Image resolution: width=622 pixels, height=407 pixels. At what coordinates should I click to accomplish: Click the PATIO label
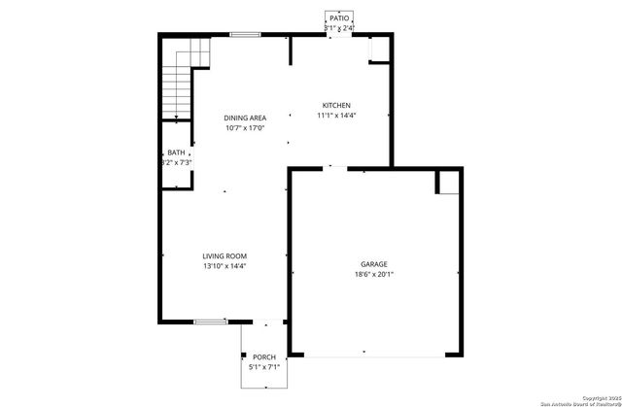coord(338,17)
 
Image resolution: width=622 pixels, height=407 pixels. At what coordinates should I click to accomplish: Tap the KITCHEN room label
coord(337,105)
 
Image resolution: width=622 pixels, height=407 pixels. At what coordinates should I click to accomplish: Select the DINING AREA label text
coord(245,118)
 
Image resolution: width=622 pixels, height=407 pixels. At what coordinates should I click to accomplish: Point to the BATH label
coord(176,153)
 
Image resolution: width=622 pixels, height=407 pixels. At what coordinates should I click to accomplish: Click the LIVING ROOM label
coord(225,256)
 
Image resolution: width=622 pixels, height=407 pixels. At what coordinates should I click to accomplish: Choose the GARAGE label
coord(373,263)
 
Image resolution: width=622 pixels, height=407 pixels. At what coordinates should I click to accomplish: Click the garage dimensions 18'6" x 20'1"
coord(373,274)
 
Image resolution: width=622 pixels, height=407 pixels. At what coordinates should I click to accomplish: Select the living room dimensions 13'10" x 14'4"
coord(225,267)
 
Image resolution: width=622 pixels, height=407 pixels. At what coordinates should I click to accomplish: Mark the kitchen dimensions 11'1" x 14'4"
coord(337,116)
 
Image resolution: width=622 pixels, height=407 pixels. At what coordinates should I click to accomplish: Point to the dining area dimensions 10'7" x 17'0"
coord(245,127)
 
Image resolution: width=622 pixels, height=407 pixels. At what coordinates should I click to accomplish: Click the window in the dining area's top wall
coord(245,35)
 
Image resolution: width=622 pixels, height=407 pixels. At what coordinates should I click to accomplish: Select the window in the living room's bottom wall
coord(209,322)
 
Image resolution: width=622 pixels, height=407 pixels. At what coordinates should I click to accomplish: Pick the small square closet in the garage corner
coord(448,182)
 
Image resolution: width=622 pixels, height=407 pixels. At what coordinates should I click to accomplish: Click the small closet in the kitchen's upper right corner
coord(377,51)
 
